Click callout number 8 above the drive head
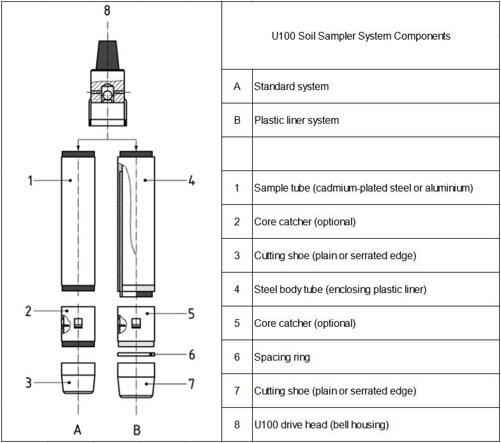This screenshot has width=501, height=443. click(x=107, y=10)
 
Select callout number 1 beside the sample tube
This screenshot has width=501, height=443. click(x=30, y=181)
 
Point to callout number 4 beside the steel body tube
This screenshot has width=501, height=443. click(x=190, y=181)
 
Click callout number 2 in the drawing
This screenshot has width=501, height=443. click(x=29, y=311)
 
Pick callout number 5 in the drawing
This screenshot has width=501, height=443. click(x=190, y=313)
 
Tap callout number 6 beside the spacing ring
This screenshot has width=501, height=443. click(x=191, y=354)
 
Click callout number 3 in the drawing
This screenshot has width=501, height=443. click(x=29, y=382)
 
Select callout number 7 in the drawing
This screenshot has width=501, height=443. click(x=191, y=383)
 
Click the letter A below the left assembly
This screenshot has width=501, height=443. click(x=78, y=429)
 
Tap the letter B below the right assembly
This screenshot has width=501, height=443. click(x=137, y=430)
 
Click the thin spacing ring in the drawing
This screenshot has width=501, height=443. click(x=136, y=354)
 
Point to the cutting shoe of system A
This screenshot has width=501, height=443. click(x=78, y=378)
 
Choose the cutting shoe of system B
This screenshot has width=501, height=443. click(x=136, y=380)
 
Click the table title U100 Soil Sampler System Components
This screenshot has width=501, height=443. click(x=361, y=36)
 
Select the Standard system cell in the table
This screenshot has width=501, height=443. click(x=291, y=86)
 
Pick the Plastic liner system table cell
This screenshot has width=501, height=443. click(x=296, y=120)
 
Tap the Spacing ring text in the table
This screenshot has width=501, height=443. click(x=281, y=357)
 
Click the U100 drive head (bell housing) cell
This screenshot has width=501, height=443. click(x=321, y=424)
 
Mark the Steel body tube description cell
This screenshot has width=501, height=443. click(x=340, y=289)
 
